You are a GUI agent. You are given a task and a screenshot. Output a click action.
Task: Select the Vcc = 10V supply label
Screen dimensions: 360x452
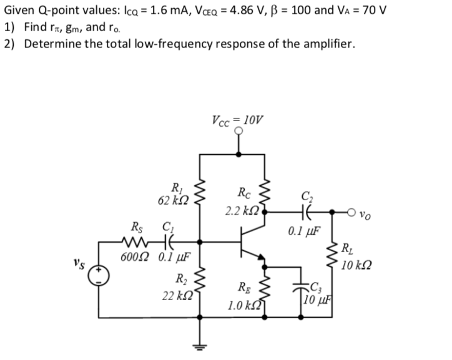point(237,120)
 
